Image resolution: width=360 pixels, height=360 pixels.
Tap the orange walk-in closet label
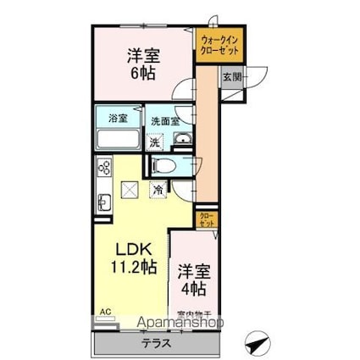[219, 45]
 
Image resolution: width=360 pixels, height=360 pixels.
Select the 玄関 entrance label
[231, 77]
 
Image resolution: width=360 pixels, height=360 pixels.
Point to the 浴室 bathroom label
[117, 119]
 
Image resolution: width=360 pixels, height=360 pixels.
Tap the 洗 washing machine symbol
[155, 141]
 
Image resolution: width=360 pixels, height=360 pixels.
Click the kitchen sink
[103, 202]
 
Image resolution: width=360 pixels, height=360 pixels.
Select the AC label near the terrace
[104, 312]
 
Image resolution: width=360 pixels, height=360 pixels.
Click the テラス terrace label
[156, 343]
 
